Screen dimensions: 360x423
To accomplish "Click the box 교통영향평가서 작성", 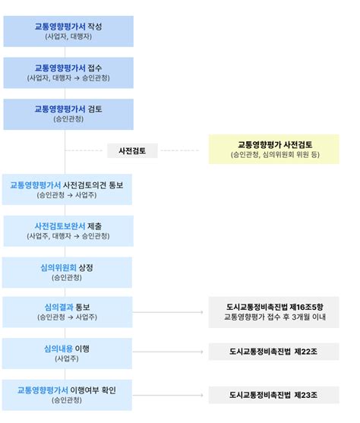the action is click(68, 31).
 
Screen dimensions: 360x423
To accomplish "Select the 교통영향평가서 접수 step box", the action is click(68, 73).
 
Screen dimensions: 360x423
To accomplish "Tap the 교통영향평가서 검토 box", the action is click(68, 115).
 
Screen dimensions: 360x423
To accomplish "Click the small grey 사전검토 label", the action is click(132, 150).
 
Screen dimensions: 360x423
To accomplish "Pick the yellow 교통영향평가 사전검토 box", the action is click(274, 149).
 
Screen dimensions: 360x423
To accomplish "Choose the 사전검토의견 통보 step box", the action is click(67, 189).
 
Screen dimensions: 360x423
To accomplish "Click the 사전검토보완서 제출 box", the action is click(68, 231).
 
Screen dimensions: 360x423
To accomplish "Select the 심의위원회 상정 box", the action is click(67, 273).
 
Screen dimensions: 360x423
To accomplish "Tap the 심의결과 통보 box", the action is click(68, 312).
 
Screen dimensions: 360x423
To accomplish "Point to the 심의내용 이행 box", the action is click(67, 354).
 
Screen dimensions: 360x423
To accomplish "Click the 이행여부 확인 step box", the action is click(67, 395).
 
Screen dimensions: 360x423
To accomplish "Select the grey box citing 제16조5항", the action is click(274, 312).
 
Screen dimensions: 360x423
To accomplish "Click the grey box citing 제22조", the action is click(274, 352).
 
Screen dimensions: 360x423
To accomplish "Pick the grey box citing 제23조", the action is click(274, 395).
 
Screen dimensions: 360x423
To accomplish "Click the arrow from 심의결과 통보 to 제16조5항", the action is click(168, 312).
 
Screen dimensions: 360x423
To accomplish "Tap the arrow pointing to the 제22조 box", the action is click(168, 352).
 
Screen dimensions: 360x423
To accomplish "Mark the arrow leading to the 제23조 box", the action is click(168, 395).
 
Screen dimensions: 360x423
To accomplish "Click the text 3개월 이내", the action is click(308, 317).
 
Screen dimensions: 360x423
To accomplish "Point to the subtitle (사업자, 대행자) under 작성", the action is click(68, 36).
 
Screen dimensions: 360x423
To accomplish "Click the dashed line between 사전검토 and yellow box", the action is click(180, 150).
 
